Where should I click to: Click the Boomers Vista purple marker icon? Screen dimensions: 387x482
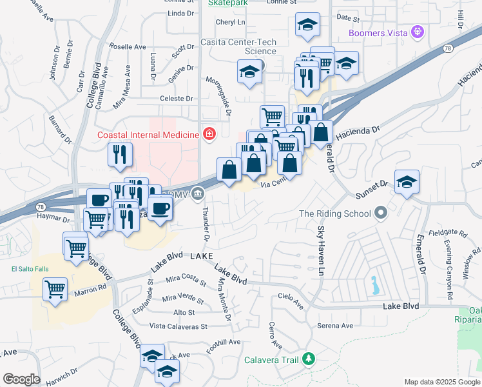pyautogui.click(x=418, y=31)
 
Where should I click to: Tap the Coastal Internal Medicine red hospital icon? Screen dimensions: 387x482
pyautogui.click(x=209, y=134)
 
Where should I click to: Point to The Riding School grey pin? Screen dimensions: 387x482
pyautogui.click(x=381, y=213)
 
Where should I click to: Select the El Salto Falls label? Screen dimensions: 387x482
pyautogui.click(x=26, y=269)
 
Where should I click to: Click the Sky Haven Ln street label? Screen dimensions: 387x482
pyautogui.click(x=320, y=252)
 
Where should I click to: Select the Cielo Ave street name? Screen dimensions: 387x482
pyautogui.click(x=290, y=299)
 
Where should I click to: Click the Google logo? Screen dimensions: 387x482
pyautogui.click(x=21, y=379)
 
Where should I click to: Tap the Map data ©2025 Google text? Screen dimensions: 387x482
pyautogui.click(x=442, y=382)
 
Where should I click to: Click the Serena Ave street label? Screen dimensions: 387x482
pyautogui.click(x=335, y=326)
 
